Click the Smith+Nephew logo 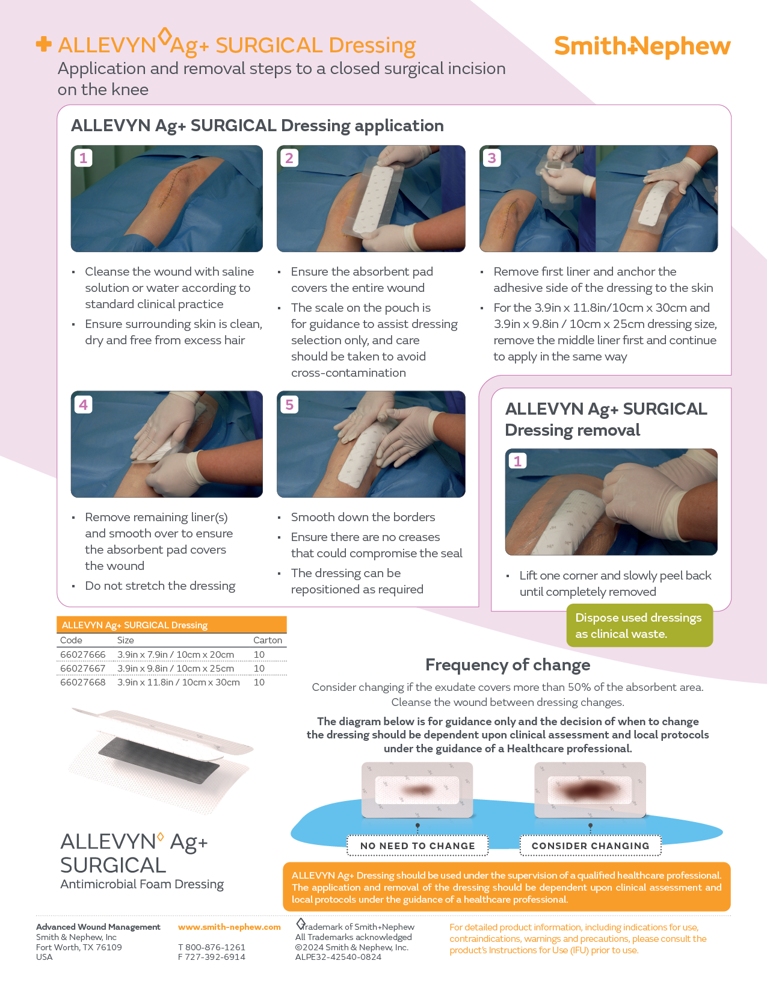[642, 46]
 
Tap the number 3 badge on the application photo [492, 158]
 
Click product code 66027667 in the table [83, 669]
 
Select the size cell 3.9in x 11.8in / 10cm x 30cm [178, 682]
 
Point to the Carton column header [267, 640]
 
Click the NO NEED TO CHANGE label [417, 846]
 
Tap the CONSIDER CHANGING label [590, 846]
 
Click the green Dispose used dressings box [639, 625]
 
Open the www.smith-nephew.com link [229, 927]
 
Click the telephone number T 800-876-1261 [212, 947]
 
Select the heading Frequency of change [508, 665]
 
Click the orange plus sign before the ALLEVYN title [43, 44]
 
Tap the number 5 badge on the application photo [289, 404]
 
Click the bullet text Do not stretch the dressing [160, 586]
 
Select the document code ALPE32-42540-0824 [338, 957]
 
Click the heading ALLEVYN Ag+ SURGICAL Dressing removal [606, 419]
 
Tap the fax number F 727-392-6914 [212, 957]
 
